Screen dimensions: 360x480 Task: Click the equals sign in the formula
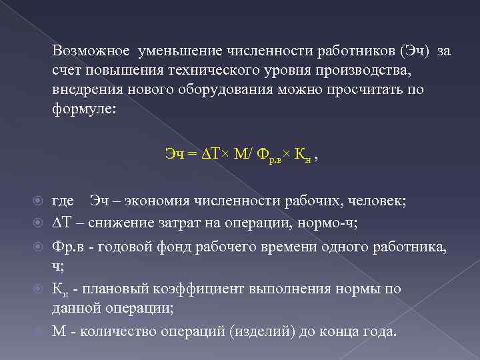192,155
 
